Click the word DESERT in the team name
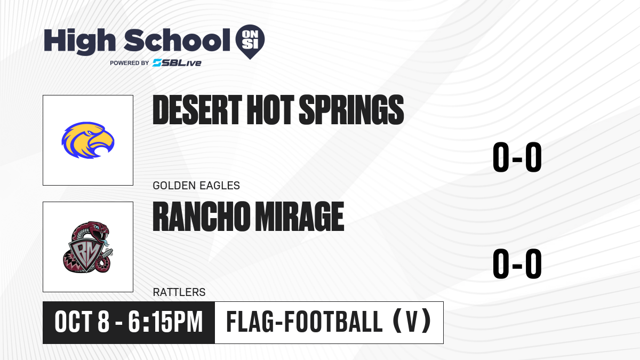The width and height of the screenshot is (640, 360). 197,110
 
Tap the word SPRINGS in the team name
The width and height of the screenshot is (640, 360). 351,110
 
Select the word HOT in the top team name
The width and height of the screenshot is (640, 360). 270,110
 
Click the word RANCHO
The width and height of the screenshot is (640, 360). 201,217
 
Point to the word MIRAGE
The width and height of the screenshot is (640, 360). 299,217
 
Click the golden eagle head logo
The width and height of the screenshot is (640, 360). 88,140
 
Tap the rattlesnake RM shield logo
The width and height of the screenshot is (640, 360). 88,247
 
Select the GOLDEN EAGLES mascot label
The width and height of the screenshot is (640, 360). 196,186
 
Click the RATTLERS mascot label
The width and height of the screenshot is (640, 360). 179,292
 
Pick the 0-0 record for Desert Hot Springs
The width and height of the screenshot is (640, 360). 517,157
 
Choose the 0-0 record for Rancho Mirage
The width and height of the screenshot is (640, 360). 517,263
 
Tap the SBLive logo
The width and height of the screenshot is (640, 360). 177,63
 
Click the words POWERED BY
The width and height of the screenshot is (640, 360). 130,63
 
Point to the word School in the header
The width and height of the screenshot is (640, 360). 177,40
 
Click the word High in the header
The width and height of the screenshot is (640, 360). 80,42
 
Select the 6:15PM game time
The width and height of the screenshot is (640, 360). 165,322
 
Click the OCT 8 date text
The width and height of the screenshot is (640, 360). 82,322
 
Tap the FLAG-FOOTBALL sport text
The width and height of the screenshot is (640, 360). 305,322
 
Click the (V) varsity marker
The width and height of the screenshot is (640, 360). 412,322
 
